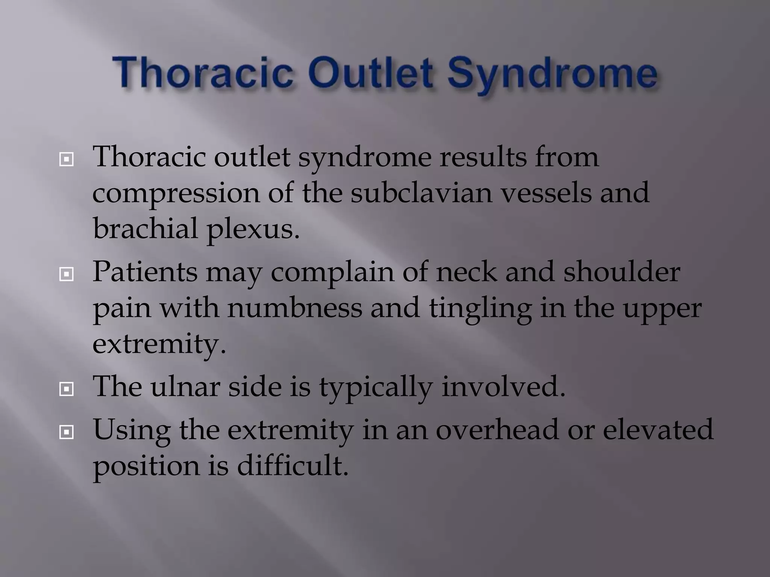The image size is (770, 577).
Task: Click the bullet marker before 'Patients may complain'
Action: pyautogui.click(x=67, y=275)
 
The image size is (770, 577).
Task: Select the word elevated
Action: pyautogui.click(x=658, y=429)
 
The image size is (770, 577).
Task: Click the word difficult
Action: pyautogui.click(x=293, y=465)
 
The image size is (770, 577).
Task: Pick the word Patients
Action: pyautogui.click(x=145, y=271)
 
